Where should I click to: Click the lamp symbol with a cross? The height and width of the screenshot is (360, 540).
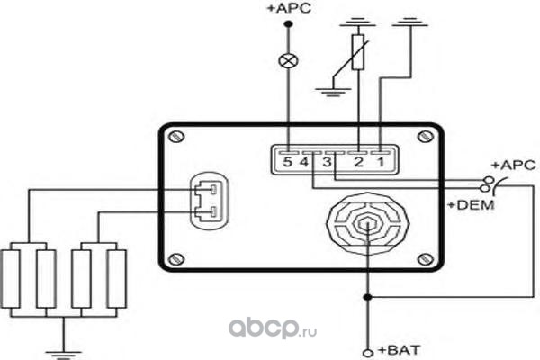[288, 61]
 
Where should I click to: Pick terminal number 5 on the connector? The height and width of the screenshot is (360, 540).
[286, 163]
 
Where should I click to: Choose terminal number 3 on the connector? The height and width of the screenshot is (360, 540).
[327, 163]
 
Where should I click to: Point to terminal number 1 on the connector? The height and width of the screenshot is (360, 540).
[381, 163]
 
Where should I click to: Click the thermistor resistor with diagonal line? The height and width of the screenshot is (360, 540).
[358, 53]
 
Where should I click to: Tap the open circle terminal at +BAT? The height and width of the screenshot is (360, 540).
[367, 350]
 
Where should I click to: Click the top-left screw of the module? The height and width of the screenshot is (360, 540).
[178, 136]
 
